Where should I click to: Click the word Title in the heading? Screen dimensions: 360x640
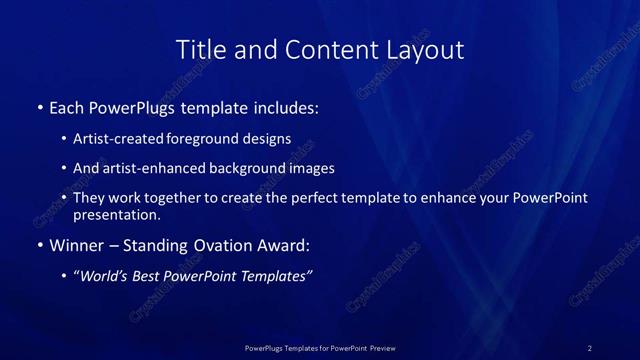point(200,49)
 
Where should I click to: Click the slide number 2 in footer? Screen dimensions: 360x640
point(589,348)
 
